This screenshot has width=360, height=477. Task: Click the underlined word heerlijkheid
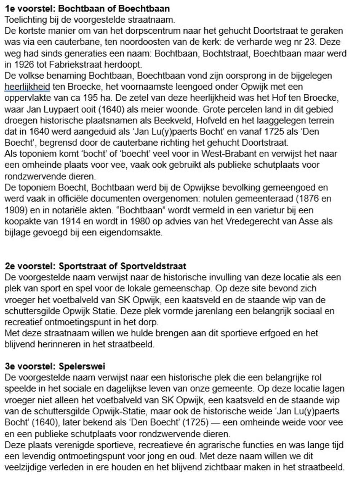coord(27,87)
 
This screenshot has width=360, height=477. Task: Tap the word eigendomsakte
coord(135,232)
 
